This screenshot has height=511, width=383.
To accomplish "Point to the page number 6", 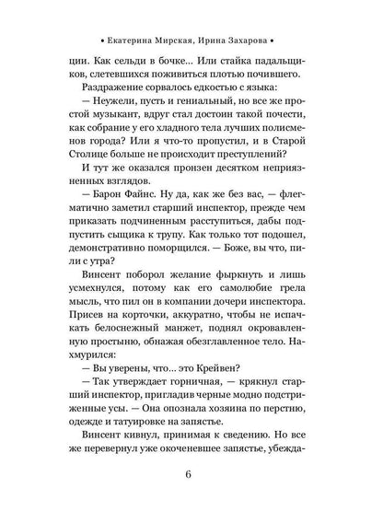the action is (191, 474).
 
